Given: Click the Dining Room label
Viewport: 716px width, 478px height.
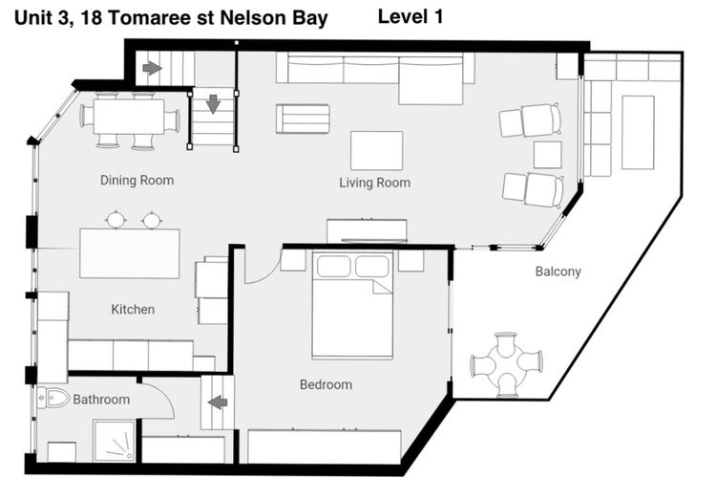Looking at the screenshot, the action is coord(137,181).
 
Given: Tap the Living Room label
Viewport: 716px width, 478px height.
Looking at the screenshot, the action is coord(374,183).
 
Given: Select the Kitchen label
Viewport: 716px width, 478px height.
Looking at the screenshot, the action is coord(133,310).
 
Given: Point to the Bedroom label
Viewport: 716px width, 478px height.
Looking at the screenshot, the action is coord(326,384).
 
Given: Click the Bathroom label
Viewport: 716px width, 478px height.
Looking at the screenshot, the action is coord(101,400).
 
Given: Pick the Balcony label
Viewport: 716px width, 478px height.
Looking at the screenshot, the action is coord(558,272).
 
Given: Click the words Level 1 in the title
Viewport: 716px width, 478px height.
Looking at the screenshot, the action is coord(411,17).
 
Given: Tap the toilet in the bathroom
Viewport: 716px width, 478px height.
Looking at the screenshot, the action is coord(53,399).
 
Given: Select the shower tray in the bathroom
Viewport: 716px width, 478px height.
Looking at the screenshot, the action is coord(115,441).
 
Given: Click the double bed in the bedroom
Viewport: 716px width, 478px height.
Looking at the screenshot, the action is coord(352,305).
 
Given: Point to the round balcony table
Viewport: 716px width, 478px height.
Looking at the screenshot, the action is coord(507,364).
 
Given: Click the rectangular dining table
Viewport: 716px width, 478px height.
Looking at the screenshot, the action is coord(129,117).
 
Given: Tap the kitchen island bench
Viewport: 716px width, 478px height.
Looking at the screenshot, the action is coord(130,253).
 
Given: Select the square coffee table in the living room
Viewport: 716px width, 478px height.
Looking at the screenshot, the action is coord(377,150).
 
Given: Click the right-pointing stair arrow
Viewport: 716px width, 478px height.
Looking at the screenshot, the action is coord(152,69).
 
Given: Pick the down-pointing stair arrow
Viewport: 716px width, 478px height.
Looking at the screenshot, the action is coord(213,104).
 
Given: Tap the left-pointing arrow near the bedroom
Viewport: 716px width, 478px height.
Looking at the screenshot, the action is coord(218,402).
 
